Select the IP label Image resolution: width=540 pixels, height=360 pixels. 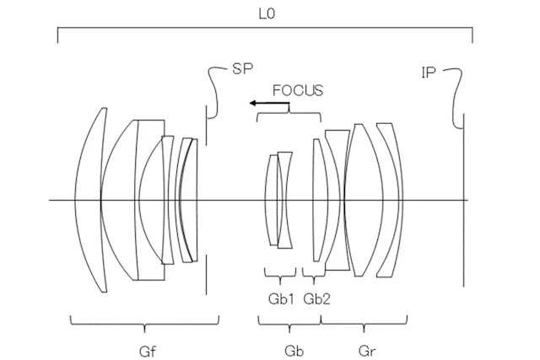pyautogui.click(x=429, y=73)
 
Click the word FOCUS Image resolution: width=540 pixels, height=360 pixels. pyautogui.click(x=297, y=89)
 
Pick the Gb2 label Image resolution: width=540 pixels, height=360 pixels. pyautogui.click(x=316, y=298)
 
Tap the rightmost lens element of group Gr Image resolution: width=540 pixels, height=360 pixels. pyautogui.click(x=390, y=200)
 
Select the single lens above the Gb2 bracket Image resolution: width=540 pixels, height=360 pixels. pyautogui.click(x=318, y=200)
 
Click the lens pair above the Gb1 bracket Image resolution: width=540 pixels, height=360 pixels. pyautogui.click(x=278, y=200)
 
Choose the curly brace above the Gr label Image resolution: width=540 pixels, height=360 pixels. pyautogui.click(x=364, y=322)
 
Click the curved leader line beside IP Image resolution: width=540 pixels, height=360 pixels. pyautogui.click(x=454, y=93)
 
